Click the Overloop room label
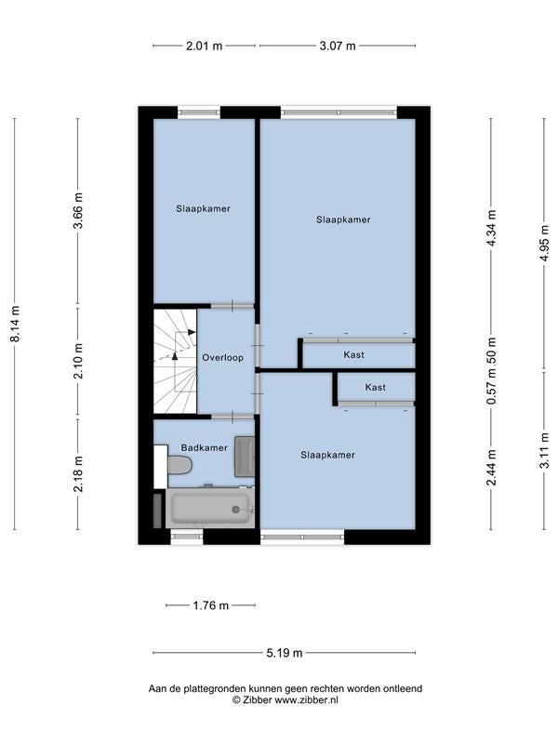coord(222,358)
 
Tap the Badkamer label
coord(204,447)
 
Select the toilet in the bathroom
coord(179,465)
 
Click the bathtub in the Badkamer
coord(210,508)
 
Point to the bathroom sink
coord(245,456)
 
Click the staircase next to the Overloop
coord(175,362)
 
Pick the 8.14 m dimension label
coord(16,324)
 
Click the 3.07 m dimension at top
coord(338,46)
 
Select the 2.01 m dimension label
coord(204,46)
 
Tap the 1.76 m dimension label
coord(211,605)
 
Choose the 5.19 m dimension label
coord(285,653)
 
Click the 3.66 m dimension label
coord(78,211)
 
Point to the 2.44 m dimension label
coord(492,468)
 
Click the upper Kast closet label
coord(354,355)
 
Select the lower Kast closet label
coord(376,388)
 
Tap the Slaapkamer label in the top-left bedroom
coord(203,208)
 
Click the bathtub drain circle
coord(236,509)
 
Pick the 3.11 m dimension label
coord(545,450)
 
